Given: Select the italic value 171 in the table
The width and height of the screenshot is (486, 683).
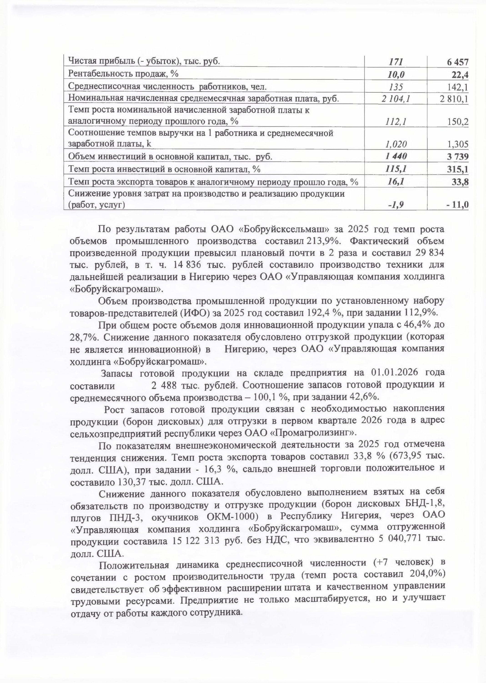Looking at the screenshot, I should [396, 62].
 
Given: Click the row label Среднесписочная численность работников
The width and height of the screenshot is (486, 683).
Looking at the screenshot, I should [167, 87].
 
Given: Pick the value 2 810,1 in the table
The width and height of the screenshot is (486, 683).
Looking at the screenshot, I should [454, 99].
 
